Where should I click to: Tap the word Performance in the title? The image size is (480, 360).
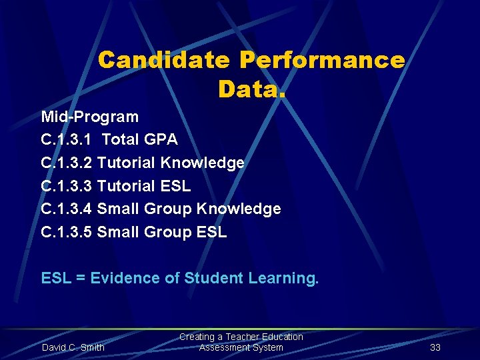point(322,61)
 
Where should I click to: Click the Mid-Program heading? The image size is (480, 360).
point(90,117)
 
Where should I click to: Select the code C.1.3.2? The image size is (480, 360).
point(67,163)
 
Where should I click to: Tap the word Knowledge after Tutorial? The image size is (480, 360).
point(212,163)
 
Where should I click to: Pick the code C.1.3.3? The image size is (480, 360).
point(67,186)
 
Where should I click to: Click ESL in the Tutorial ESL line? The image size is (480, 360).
point(176,186)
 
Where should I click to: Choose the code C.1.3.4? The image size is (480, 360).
point(67,209)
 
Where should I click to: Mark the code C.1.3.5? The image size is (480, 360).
point(67,233)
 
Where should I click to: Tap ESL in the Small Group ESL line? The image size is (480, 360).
point(212,233)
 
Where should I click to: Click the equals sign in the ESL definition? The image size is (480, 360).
point(81,278)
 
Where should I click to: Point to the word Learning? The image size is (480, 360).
point(283,278)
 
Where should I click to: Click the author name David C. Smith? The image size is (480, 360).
point(73,347)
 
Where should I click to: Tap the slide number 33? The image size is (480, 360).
point(435,347)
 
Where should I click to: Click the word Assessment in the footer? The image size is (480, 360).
point(223,347)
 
